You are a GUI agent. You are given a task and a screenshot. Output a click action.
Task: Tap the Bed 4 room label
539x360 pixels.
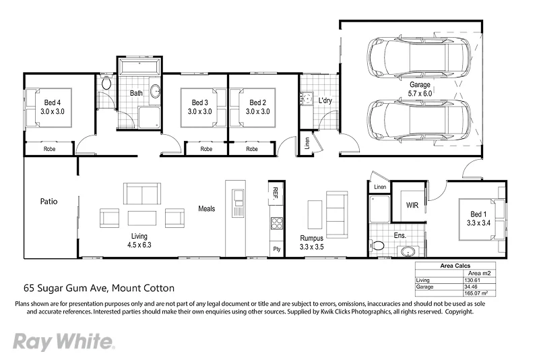(x=53, y=107)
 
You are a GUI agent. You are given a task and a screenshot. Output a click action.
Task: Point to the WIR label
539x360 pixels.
(x=412, y=206)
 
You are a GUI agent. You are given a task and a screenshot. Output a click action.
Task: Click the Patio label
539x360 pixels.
(x=49, y=201)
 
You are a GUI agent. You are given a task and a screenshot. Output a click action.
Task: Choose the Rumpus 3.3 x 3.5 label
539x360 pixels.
(x=312, y=243)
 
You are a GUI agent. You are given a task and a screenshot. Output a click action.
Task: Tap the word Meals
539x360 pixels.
(x=206, y=209)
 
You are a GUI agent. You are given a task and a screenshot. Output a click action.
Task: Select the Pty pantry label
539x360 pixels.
(x=276, y=249)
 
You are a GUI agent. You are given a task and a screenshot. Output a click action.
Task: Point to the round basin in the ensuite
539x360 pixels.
(x=406, y=251)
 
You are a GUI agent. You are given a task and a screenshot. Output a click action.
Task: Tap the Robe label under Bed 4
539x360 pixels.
(x=49, y=149)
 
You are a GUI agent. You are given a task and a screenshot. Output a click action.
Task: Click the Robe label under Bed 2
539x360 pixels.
(x=252, y=149)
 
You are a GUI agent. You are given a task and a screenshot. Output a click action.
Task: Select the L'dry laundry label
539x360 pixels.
(x=325, y=101)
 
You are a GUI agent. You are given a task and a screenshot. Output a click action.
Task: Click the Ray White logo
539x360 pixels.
(x=63, y=341)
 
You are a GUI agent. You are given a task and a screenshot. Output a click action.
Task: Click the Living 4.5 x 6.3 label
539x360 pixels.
(x=139, y=241)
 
